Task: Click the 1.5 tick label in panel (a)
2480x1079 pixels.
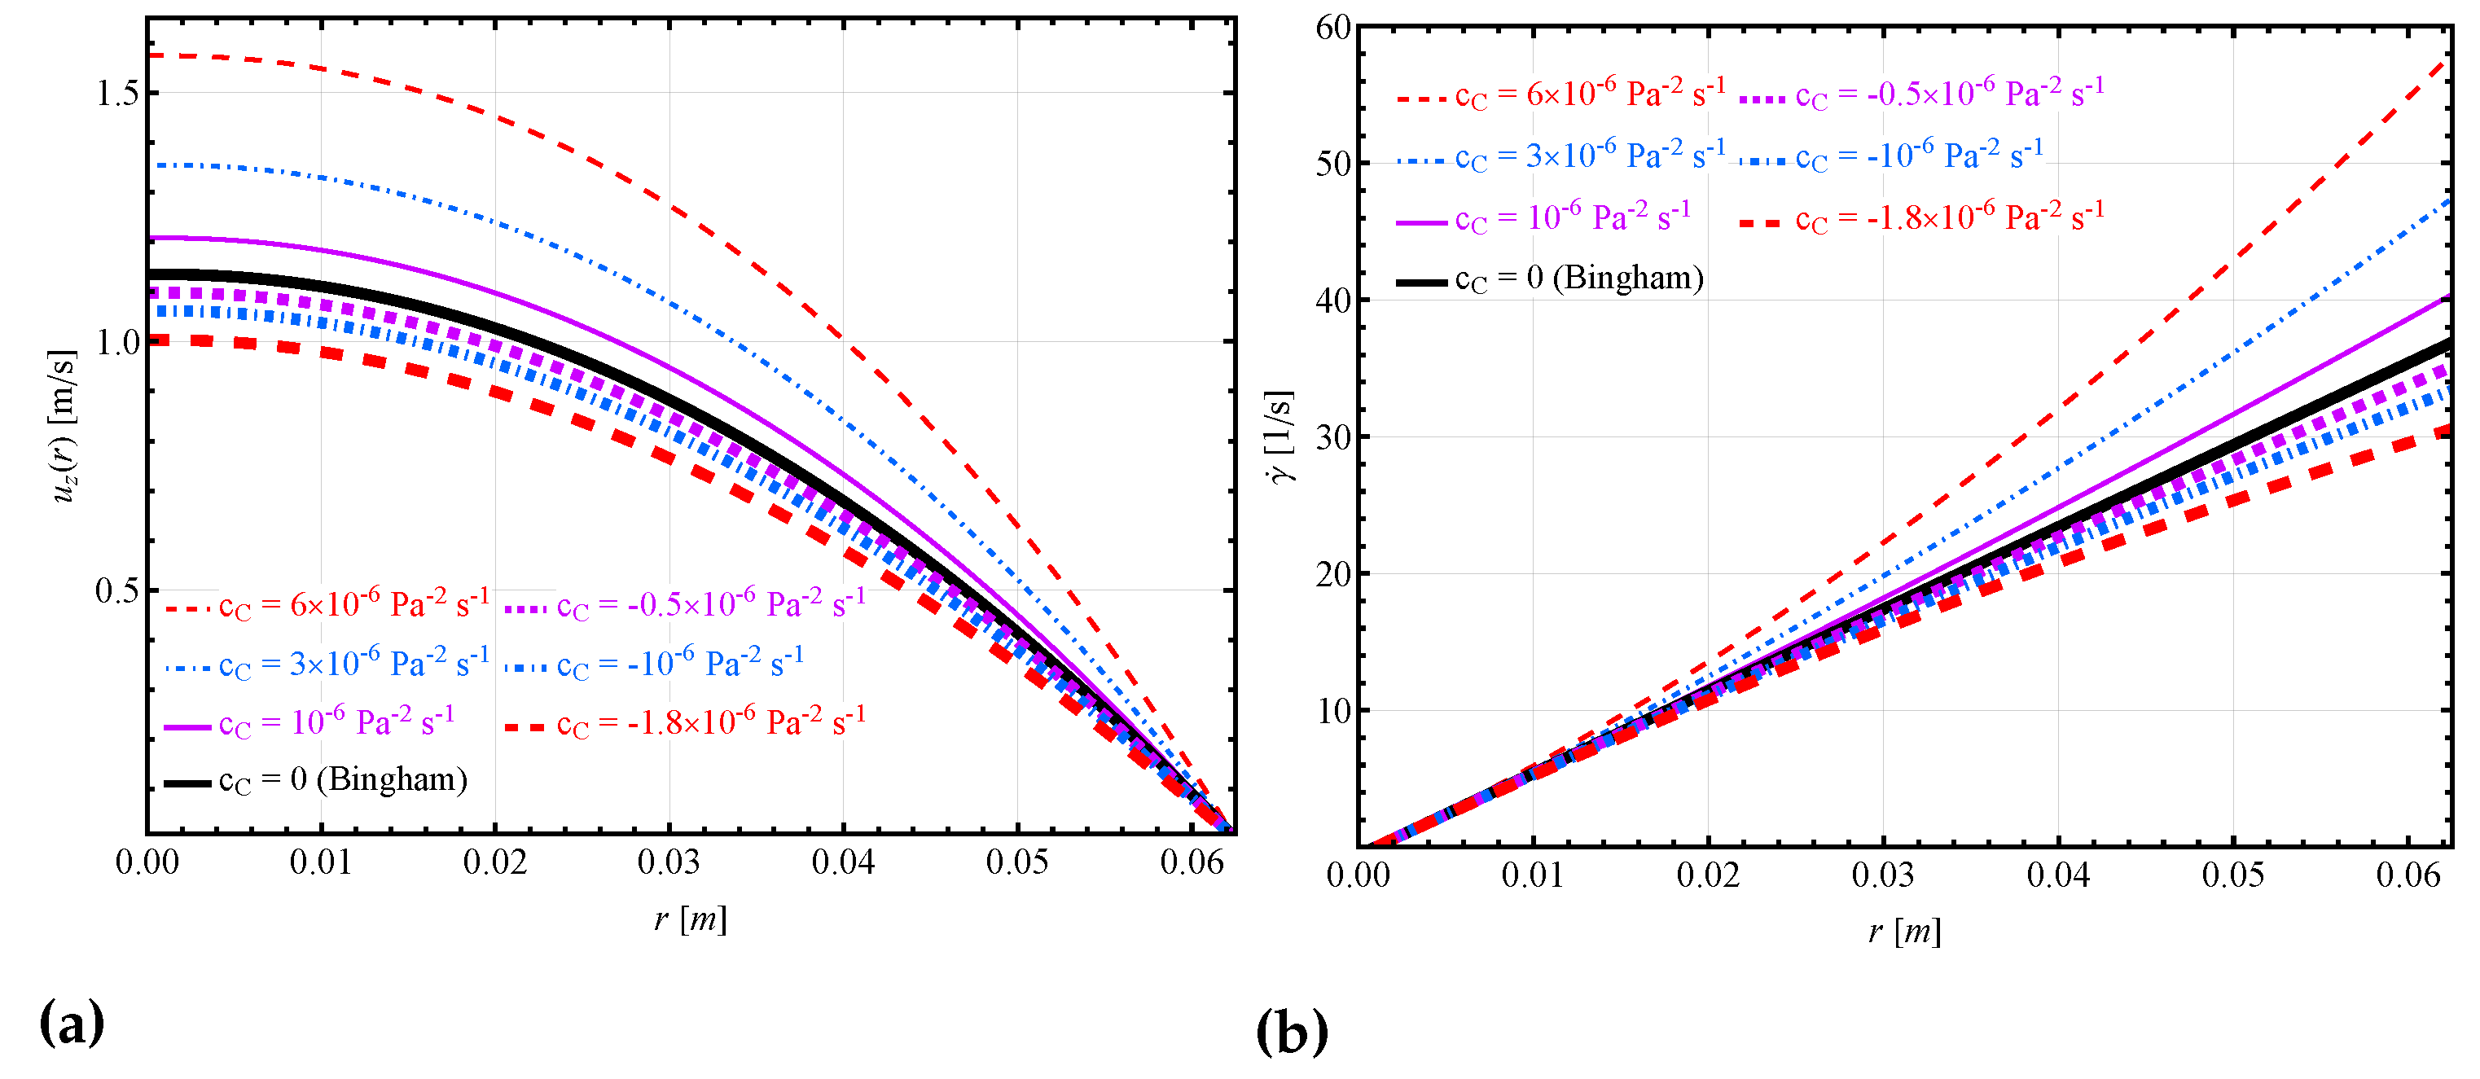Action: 117,94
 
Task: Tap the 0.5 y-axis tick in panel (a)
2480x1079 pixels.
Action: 117,591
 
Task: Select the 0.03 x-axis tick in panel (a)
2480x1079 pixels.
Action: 668,862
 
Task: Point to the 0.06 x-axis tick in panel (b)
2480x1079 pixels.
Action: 2408,875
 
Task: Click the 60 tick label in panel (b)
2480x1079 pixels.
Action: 1333,28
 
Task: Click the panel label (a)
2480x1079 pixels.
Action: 71,1023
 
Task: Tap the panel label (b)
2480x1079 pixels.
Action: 1291,1033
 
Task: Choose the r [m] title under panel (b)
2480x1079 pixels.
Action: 1903,932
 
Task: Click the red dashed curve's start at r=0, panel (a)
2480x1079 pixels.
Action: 150,56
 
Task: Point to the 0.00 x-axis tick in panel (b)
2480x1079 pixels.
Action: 1358,875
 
